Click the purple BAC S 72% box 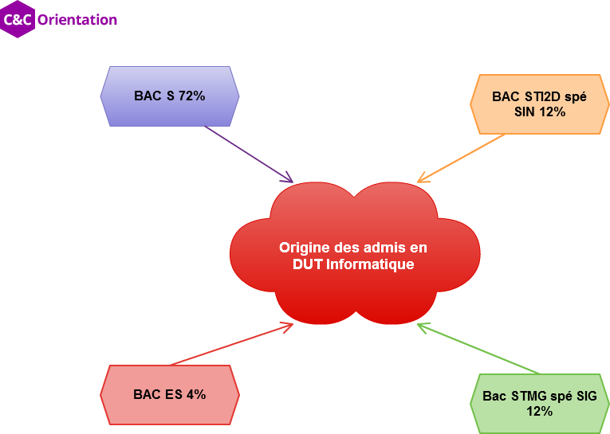pyautogui.click(x=170, y=96)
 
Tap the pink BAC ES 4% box pyautogui.click(x=170, y=394)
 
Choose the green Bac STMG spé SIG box pyautogui.click(x=539, y=404)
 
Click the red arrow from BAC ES pyautogui.click(x=230, y=344)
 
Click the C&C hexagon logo pyautogui.click(x=18, y=20)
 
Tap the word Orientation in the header pyautogui.click(x=77, y=20)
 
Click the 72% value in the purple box pyautogui.click(x=192, y=96)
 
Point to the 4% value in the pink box pyautogui.click(x=196, y=394)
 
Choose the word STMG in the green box pyautogui.click(x=530, y=396)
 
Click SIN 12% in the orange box pyautogui.click(x=540, y=112)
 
